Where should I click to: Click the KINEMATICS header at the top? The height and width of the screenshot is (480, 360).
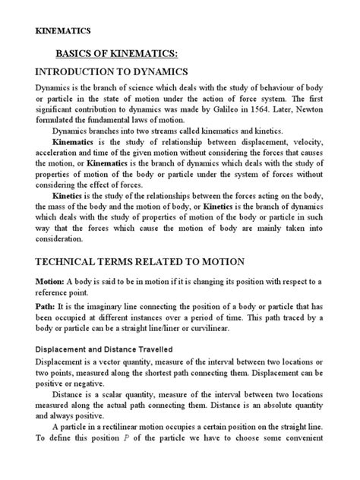(x=64, y=31)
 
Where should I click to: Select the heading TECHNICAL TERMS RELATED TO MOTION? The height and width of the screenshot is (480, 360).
(x=141, y=262)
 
